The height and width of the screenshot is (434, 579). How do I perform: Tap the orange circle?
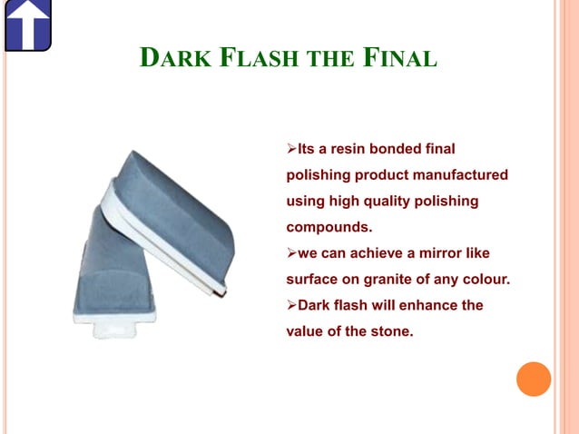point(534,379)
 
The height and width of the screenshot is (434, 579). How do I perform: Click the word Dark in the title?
point(172,60)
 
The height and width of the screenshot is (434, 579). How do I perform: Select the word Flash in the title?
point(250,60)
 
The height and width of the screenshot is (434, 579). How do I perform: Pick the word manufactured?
point(459,173)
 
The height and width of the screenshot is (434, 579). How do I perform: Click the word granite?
point(396,279)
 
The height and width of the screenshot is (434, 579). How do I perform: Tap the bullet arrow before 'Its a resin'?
point(291,148)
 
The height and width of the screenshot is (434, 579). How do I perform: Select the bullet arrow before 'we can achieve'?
point(291,252)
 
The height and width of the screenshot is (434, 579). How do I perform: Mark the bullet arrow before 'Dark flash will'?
point(291,305)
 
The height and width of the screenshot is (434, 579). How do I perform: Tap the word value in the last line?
point(306,331)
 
